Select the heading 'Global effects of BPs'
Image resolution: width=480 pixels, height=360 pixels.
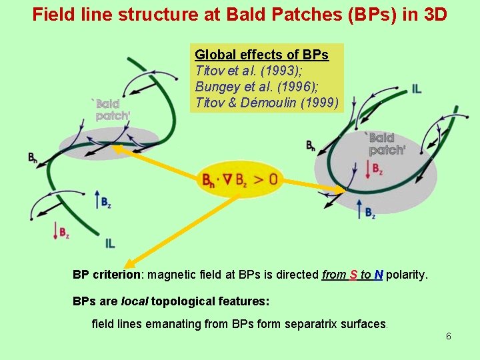[261, 55]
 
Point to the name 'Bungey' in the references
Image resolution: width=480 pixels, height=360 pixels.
[217, 87]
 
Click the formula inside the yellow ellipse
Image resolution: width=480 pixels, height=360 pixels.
[239, 179]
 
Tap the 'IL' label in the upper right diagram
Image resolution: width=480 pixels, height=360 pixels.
[417, 89]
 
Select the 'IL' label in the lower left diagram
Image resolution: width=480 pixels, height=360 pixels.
[110, 243]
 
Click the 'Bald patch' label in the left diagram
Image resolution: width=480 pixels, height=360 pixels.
[111, 110]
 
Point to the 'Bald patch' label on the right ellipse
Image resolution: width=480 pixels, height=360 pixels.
[387, 144]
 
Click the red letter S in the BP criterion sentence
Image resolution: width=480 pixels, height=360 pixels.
[353, 275]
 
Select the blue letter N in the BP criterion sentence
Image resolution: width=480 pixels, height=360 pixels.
[378, 275]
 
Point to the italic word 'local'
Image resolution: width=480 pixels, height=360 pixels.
[135, 301]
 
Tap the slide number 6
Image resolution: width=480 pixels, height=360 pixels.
[449, 336]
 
